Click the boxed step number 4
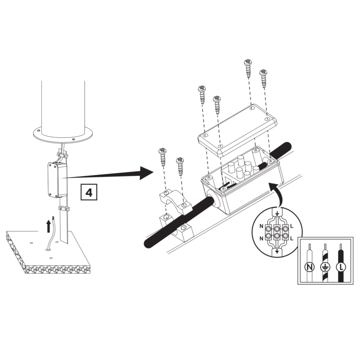pos(88,192)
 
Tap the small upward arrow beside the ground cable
pos(49,226)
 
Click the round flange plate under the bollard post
pos(63,134)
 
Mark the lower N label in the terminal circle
pos(261,238)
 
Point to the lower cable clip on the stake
pos(63,208)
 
